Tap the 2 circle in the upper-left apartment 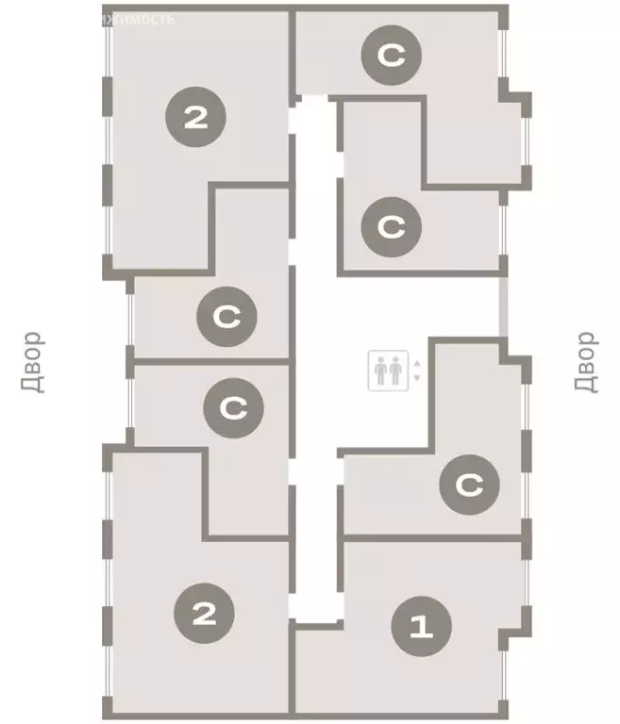[195, 118]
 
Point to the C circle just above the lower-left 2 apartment [232, 408]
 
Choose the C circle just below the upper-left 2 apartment [226, 317]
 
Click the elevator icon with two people [388, 370]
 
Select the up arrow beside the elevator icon [416, 361]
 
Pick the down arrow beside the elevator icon [416, 378]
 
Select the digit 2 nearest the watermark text [195, 118]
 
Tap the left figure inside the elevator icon [381, 370]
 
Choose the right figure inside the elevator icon [394, 370]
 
